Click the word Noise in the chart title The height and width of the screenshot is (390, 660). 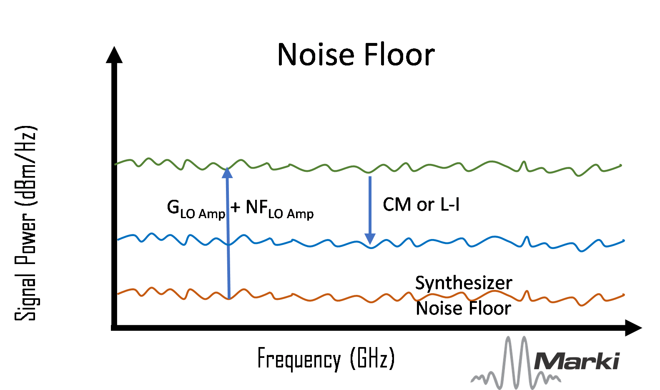(x=316, y=55)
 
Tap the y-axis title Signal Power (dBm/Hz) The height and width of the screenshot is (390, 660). (x=26, y=223)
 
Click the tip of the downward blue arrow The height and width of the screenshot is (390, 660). (x=370, y=242)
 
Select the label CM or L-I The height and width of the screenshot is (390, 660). (x=421, y=205)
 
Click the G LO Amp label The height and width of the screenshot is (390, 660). (x=196, y=209)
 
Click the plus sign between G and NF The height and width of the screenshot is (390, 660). (x=236, y=207)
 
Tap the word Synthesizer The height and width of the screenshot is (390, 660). (x=464, y=283)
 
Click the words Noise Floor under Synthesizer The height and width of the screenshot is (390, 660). (x=463, y=309)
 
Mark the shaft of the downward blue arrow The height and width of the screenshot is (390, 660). (x=370, y=204)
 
